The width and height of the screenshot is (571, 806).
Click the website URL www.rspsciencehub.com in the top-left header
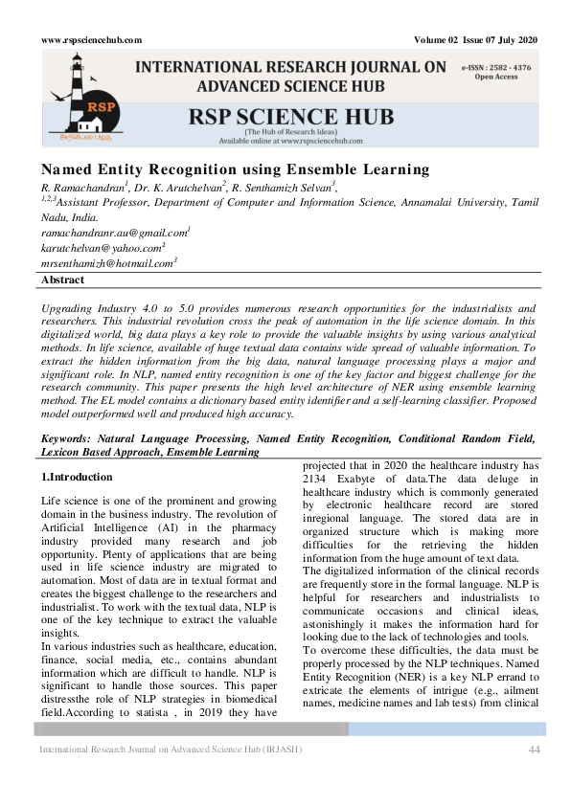pos(91,39)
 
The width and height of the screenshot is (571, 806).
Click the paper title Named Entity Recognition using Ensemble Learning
pos(235,170)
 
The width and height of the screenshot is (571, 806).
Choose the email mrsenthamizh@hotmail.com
pos(107,262)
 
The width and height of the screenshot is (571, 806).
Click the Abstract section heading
pos(62,280)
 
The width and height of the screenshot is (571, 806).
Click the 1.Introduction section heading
pos(77,476)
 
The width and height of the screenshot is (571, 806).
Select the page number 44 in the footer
pos(535,749)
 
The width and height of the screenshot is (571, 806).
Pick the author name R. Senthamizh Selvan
pos(285,187)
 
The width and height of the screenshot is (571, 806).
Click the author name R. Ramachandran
pos(83,187)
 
